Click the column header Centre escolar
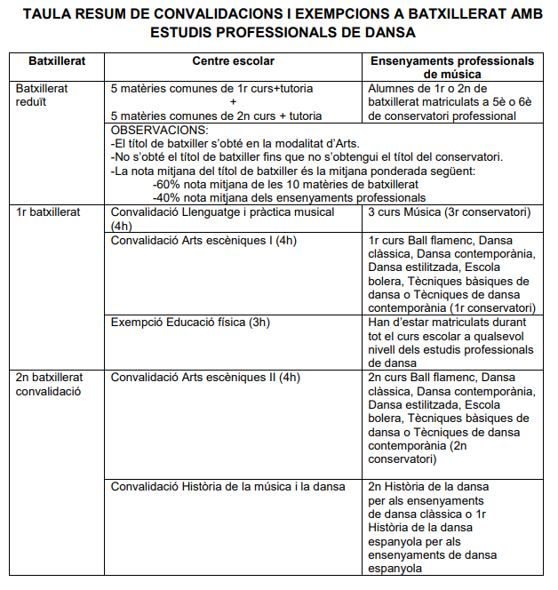(x=233, y=61)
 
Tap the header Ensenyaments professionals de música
(x=451, y=68)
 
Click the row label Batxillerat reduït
(x=42, y=95)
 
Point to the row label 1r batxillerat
(x=49, y=212)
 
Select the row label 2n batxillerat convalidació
(x=49, y=383)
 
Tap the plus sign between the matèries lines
(x=220, y=102)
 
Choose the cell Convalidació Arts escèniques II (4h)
(x=205, y=377)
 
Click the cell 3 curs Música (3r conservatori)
(x=449, y=212)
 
